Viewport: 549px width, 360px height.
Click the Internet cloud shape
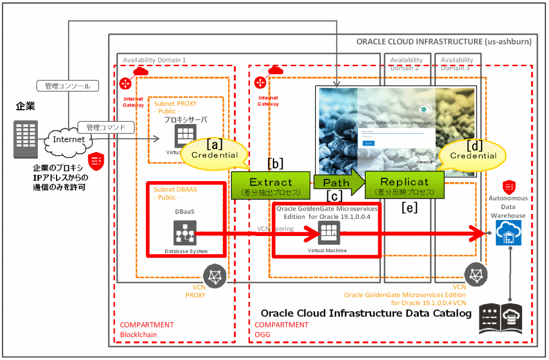coord(69,139)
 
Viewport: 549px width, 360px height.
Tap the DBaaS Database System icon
coord(184,233)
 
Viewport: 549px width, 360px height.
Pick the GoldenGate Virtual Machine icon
coord(328,234)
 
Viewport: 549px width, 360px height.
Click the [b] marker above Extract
coord(275,164)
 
